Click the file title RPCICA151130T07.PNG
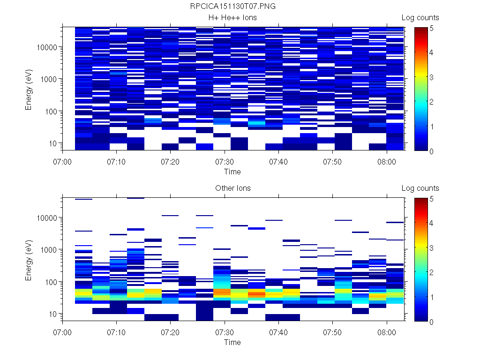pyautogui.click(x=232, y=7)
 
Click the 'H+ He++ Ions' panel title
pyautogui.click(x=232, y=18)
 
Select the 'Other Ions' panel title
pyautogui.click(x=232, y=188)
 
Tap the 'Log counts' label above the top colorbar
pyautogui.click(x=420, y=18)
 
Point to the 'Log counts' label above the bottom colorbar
pyautogui.click(x=420, y=188)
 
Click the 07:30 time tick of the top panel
pyautogui.click(x=225, y=162)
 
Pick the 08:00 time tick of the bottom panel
pyautogui.click(x=386, y=332)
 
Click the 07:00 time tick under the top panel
pyautogui.click(x=63, y=162)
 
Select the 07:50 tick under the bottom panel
pyautogui.click(x=332, y=332)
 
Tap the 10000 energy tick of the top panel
pyautogui.click(x=48, y=47)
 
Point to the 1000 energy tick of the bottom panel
pyautogui.click(x=50, y=250)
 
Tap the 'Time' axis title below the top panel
pyautogui.click(x=232, y=172)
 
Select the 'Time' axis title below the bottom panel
pyautogui.click(x=232, y=342)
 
